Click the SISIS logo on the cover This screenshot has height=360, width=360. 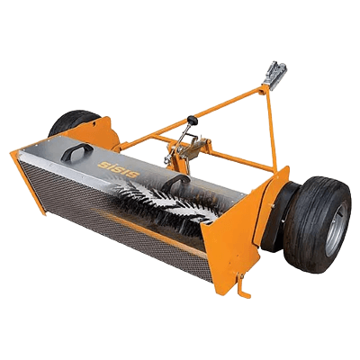[x=119, y=169]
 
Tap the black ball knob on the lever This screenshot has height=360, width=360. [x=193, y=121]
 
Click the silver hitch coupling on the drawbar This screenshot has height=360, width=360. [x=275, y=75]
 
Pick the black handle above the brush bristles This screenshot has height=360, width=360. [x=175, y=183]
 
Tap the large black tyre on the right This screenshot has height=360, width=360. [x=318, y=225]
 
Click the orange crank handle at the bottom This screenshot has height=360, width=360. [x=242, y=286]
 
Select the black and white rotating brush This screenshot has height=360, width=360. [x=168, y=201]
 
